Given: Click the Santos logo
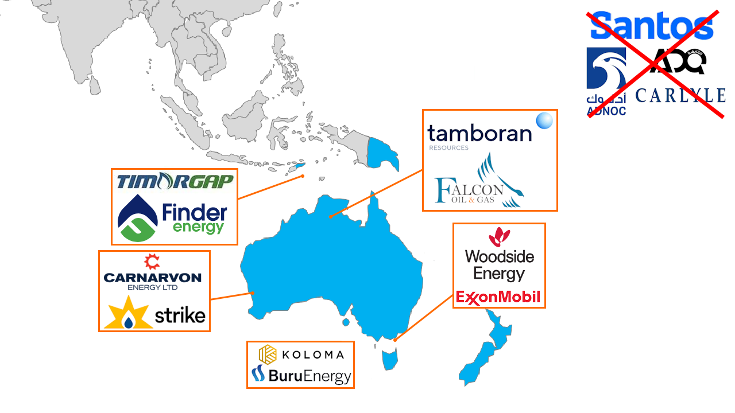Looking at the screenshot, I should [x=652, y=26].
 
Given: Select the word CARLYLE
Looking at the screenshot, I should [x=680, y=96].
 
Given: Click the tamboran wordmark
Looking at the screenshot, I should [x=479, y=134].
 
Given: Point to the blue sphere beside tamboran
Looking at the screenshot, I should [x=544, y=120].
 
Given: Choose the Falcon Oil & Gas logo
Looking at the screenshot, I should [x=479, y=182].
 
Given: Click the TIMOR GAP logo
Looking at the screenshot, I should [x=175, y=181].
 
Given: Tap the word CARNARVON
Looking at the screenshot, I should [x=153, y=278].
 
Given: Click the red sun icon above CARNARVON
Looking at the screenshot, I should [x=152, y=262].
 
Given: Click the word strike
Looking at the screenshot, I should [x=180, y=315].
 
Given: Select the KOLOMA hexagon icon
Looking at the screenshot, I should [x=268, y=354].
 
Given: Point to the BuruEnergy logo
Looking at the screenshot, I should [x=301, y=376].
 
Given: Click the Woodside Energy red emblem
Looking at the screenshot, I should [x=499, y=237].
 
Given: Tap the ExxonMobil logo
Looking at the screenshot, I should [x=498, y=297].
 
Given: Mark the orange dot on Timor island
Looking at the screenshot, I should [x=303, y=176].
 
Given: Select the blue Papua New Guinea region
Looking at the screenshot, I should [x=382, y=152].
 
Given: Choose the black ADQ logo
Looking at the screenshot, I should [x=678, y=62].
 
